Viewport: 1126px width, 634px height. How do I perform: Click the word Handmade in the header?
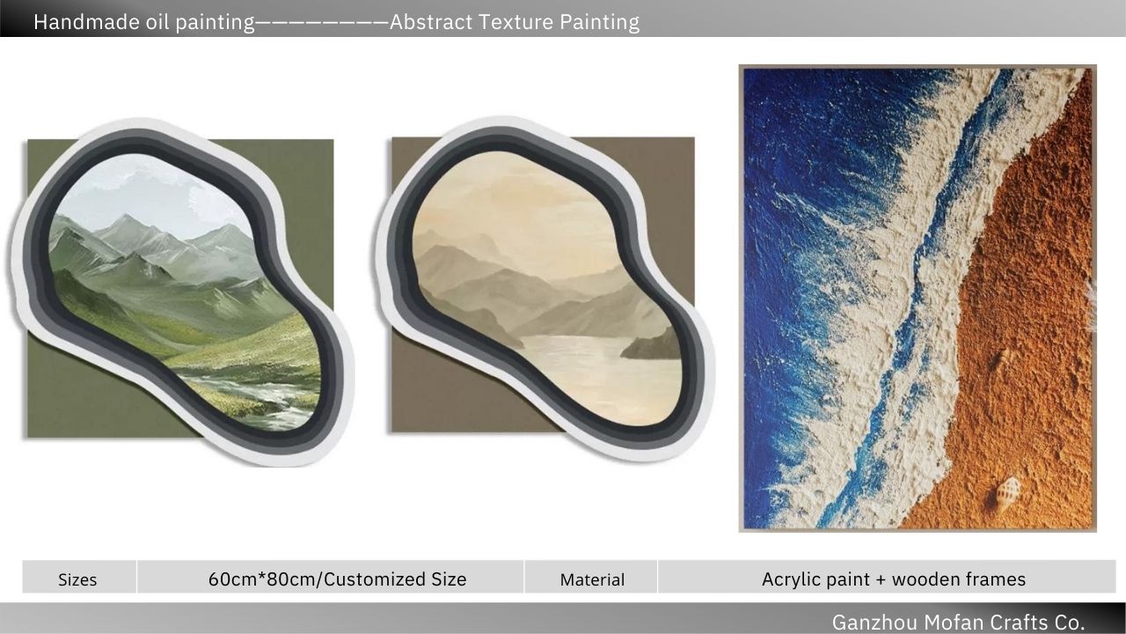pyautogui.click(x=85, y=22)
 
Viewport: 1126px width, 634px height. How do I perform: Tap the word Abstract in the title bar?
pyautogui.click(x=431, y=22)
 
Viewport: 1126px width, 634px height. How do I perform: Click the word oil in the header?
pyautogui.click(x=157, y=22)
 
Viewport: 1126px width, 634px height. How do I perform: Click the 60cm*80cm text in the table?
pyautogui.click(x=263, y=579)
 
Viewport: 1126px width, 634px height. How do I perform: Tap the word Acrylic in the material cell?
pyautogui.click(x=792, y=579)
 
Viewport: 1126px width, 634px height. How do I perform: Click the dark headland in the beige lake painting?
pyautogui.click(x=652, y=345)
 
